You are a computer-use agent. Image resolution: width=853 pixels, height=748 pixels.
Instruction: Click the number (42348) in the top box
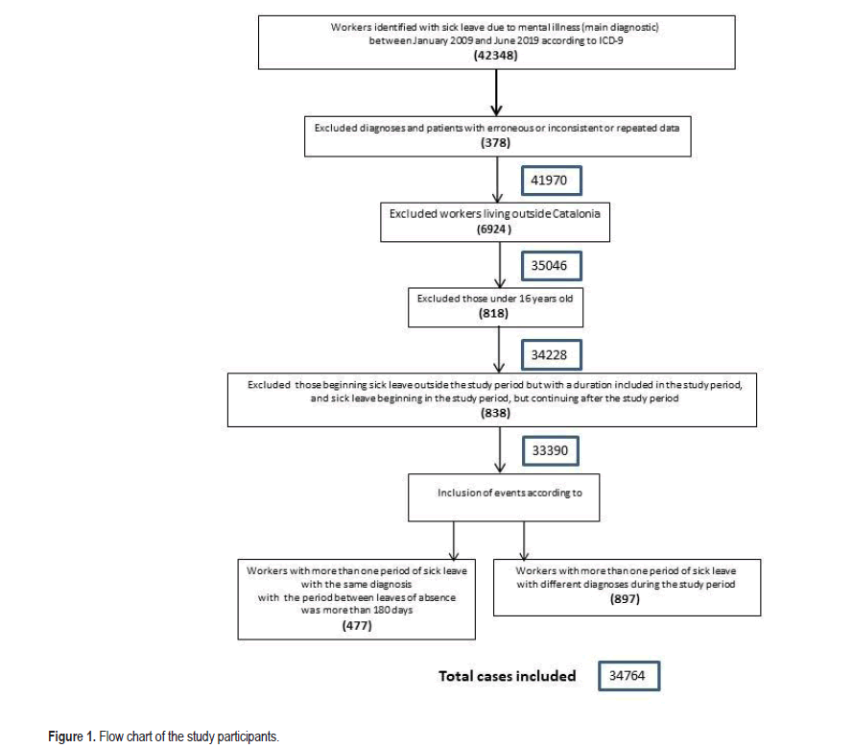(x=495, y=56)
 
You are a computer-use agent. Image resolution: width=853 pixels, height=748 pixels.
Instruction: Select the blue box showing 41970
(x=551, y=181)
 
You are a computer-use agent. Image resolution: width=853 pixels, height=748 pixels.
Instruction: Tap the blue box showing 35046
(x=551, y=266)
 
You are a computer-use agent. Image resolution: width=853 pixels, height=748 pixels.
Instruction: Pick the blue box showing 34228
(x=551, y=355)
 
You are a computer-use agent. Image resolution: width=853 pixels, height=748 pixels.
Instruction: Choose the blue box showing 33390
(x=550, y=450)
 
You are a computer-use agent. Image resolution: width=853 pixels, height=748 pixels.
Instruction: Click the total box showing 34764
(x=628, y=676)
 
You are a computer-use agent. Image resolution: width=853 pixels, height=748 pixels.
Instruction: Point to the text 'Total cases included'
(x=507, y=676)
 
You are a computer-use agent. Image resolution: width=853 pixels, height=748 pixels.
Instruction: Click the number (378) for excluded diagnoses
(x=495, y=143)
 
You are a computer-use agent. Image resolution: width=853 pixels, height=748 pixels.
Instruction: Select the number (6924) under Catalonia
(x=494, y=229)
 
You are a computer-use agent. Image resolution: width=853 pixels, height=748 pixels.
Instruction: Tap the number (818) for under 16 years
(x=493, y=314)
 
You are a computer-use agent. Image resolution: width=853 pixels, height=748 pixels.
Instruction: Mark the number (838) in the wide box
(x=495, y=413)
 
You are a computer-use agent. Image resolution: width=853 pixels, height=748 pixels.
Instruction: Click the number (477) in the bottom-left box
(x=357, y=625)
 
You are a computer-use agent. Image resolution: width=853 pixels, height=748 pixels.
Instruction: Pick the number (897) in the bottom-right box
(x=625, y=599)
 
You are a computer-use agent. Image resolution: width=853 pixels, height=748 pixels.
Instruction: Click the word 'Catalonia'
(x=576, y=214)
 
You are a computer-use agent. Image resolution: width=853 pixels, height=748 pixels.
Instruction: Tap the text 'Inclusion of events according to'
(x=509, y=493)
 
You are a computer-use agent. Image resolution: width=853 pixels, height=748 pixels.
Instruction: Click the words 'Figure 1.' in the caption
(x=72, y=736)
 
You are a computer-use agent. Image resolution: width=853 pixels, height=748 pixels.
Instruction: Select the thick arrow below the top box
(x=496, y=92)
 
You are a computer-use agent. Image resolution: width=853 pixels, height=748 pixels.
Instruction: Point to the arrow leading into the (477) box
(x=454, y=541)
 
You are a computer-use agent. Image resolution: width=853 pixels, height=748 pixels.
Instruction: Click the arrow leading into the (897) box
(x=524, y=541)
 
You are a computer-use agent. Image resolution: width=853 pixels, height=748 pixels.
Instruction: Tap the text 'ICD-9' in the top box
(x=611, y=41)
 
